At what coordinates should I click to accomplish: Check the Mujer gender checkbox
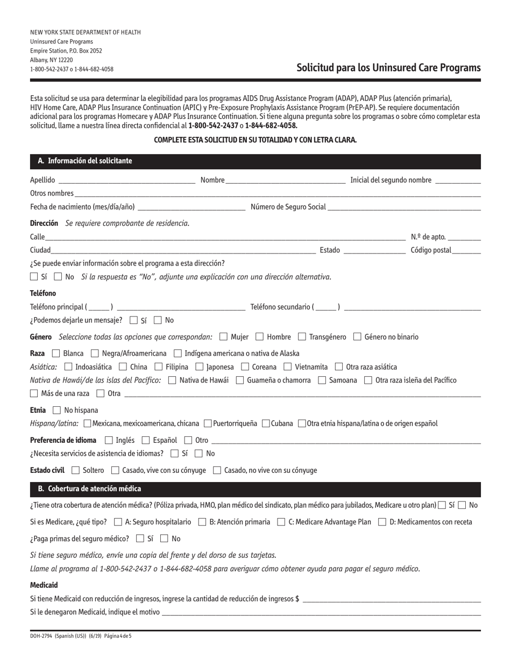(224, 337)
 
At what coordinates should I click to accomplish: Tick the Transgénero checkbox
(302, 337)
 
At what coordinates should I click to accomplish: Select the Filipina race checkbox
(158, 367)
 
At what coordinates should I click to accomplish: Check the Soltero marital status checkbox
(75, 470)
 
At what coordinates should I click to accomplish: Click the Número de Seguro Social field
(403, 207)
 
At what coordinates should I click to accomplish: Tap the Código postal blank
(466, 250)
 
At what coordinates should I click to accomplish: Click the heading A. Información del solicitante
(84, 161)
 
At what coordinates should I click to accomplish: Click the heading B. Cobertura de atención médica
(89, 488)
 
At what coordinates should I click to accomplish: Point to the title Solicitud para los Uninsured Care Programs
(388, 68)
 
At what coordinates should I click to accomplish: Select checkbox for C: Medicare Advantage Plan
(281, 522)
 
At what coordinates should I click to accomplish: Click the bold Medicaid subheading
(44, 585)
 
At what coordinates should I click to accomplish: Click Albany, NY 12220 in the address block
(52, 60)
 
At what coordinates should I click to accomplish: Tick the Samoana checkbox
(322, 380)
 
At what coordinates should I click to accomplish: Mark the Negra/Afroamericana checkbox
(95, 354)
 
